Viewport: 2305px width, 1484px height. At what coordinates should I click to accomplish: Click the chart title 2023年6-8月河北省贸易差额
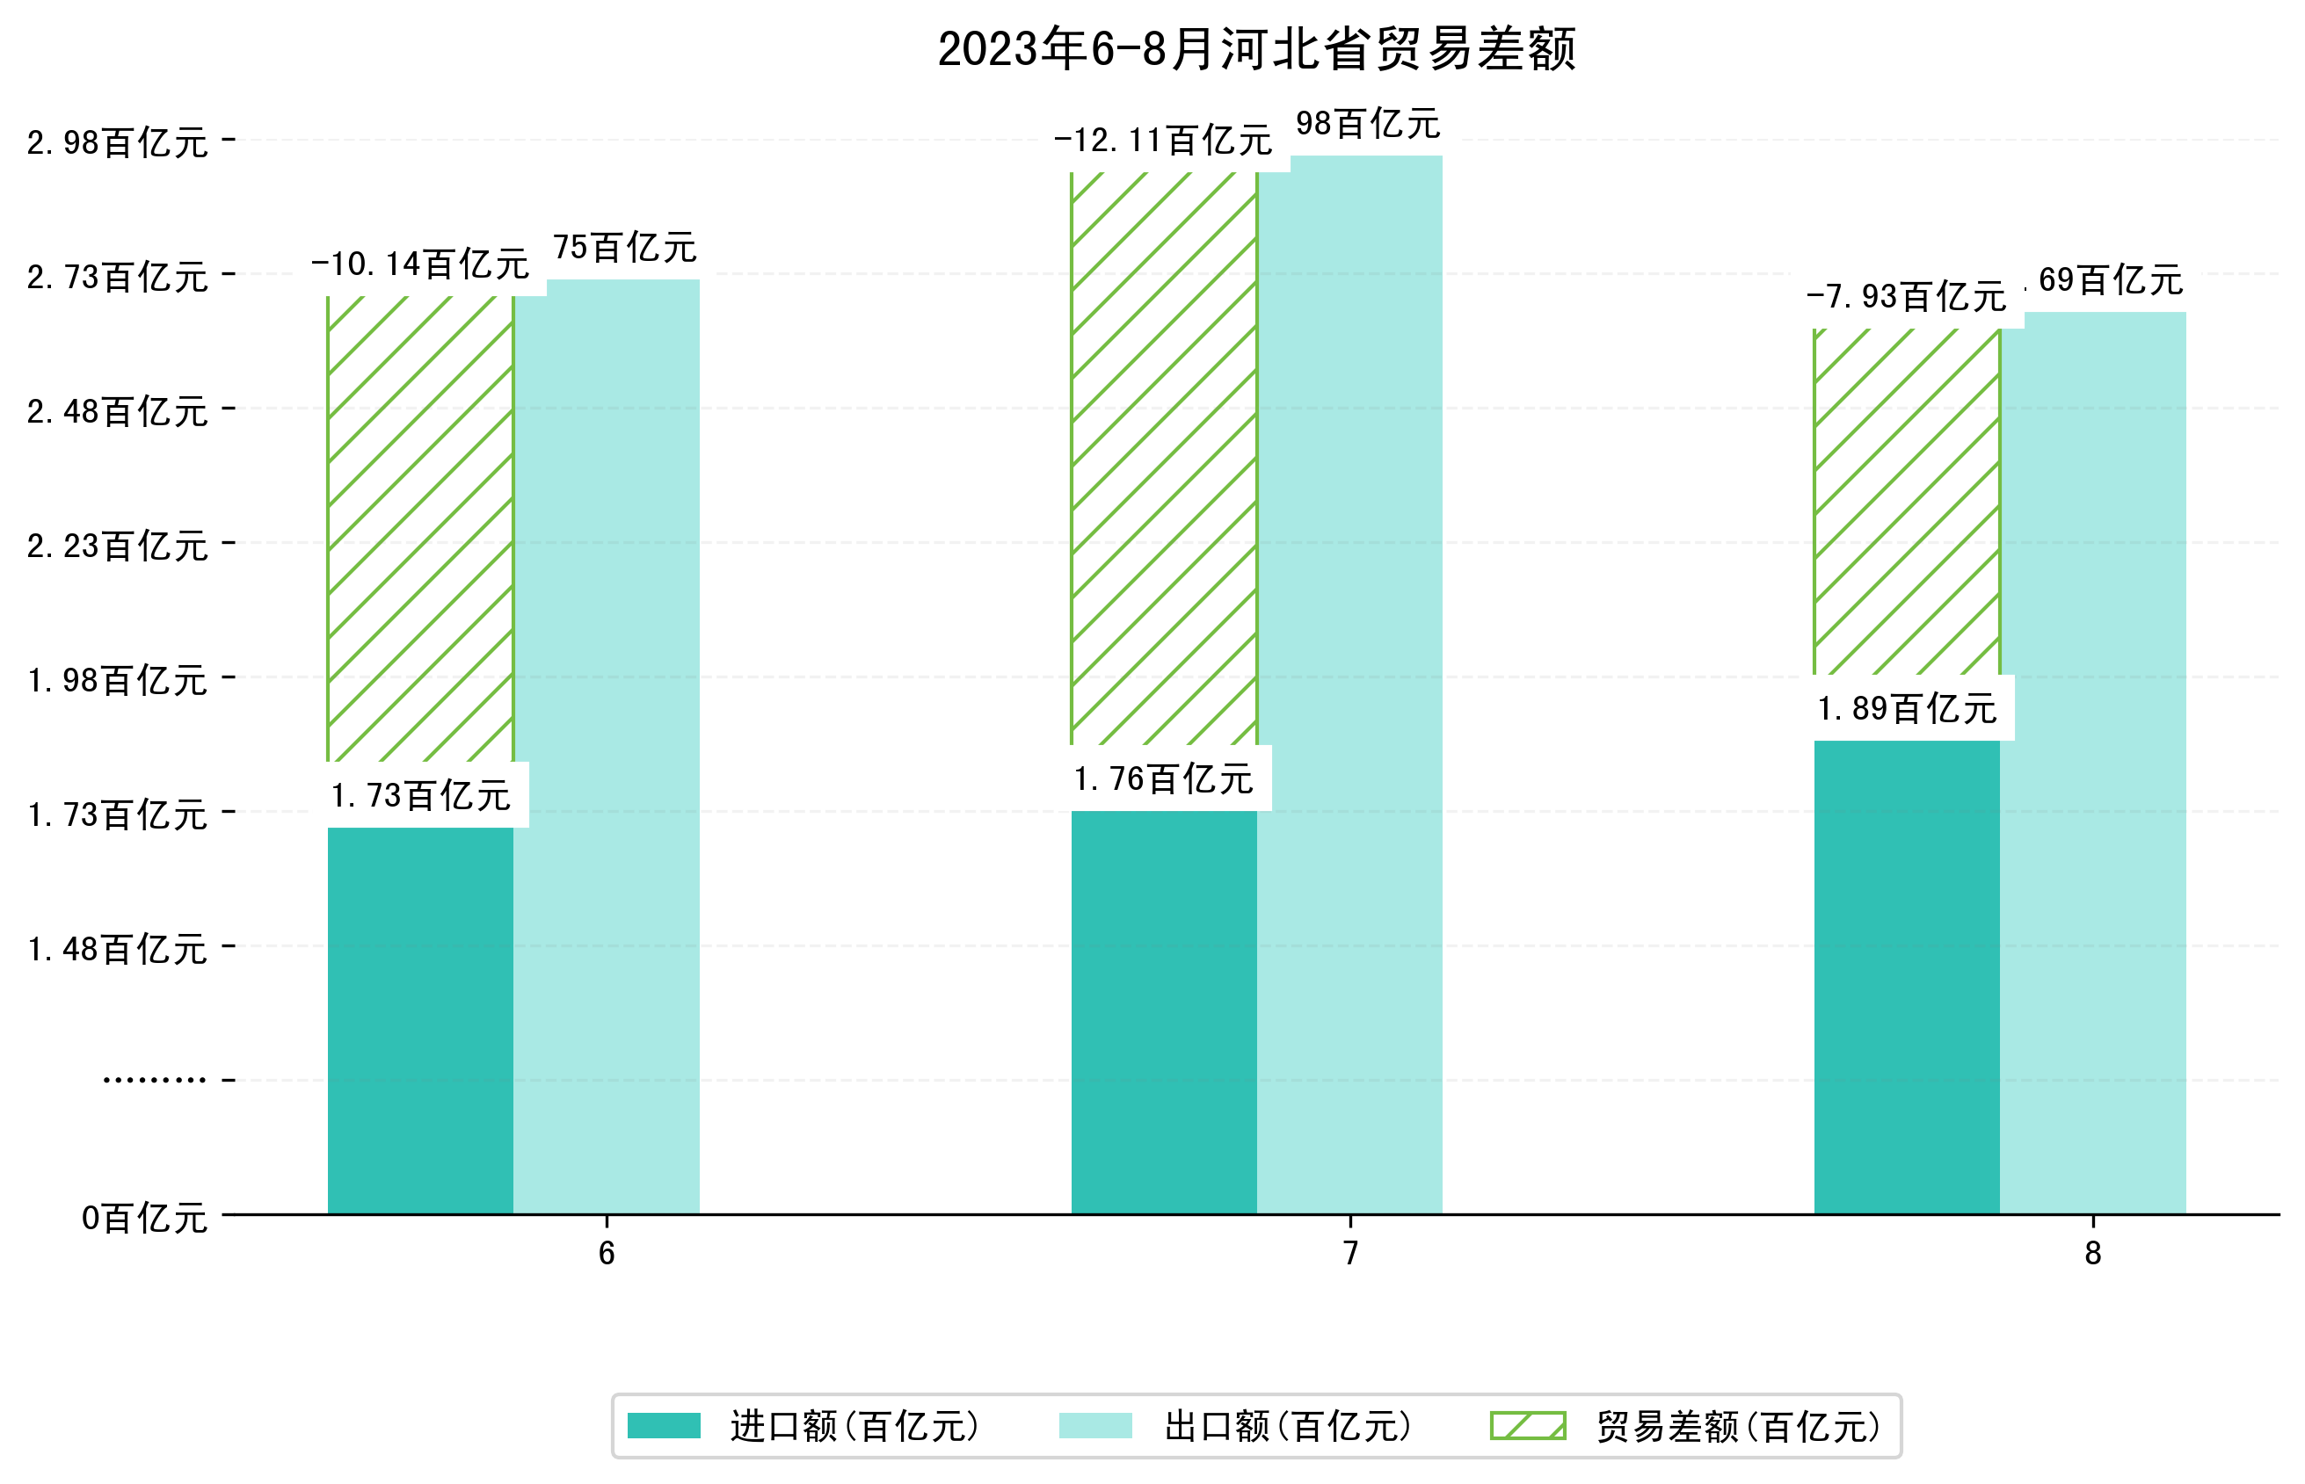click(1256, 49)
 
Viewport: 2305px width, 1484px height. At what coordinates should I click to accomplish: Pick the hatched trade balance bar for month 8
click(1906, 501)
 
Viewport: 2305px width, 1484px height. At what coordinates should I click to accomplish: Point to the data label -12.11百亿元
click(1163, 141)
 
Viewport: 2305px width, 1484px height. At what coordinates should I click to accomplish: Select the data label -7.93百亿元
click(1906, 297)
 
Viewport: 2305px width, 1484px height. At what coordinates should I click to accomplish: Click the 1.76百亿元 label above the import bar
click(1163, 778)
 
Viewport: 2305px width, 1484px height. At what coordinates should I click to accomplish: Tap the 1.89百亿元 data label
click(1906, 709)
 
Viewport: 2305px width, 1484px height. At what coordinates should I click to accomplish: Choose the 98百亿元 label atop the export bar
click(1367, 124)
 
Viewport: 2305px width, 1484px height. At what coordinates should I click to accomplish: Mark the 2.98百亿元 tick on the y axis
click(117, 142)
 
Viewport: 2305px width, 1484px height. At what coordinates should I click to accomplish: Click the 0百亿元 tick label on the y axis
click(143, 1218)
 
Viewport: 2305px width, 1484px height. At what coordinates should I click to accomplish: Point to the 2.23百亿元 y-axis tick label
click(117, 547)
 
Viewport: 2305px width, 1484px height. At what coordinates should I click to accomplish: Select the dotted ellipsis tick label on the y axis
click(154, 1080)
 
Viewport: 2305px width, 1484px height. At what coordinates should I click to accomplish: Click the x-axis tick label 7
click(1350, 1253)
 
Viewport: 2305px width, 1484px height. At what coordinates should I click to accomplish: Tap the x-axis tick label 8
click(2093, 1253)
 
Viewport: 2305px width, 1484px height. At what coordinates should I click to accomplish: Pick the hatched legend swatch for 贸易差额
click(1528, 1425)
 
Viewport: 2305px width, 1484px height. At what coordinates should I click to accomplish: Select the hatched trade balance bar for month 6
click(420, 528)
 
